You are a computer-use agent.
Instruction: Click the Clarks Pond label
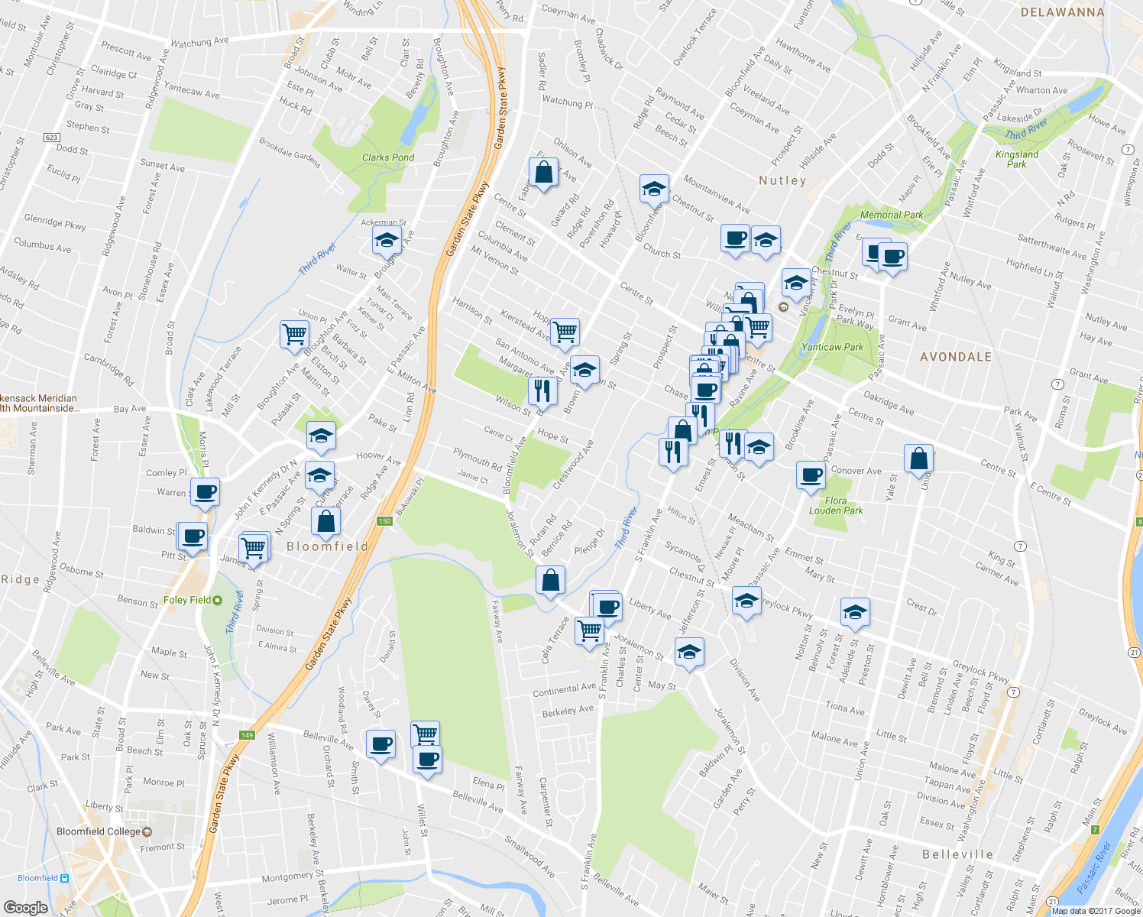pos(388,157)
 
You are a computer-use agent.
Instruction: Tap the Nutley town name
pos(782,180)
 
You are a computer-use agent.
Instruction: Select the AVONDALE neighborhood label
pos(956,357)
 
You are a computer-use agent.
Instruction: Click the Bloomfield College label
pos(99,831)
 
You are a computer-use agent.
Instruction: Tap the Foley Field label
pos(187,600)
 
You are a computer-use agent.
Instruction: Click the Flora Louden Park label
pos(836,506)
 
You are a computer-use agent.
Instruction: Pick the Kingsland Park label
pos(1017,159)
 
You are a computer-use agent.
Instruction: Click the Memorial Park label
pos(892,215)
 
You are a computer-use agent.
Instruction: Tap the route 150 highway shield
pos(384,521)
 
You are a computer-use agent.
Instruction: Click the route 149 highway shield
pos(246,735)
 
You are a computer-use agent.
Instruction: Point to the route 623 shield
pos(51,138)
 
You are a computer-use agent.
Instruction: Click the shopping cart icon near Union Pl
pos(294,334)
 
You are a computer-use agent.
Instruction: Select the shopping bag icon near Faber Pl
pos(543,173)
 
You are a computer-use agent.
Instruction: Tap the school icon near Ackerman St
pos(387,241)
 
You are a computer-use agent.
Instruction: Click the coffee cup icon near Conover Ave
pos(811,475)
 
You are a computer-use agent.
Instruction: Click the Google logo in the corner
pos(25,907)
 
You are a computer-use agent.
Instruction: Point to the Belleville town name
pos(957,854)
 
